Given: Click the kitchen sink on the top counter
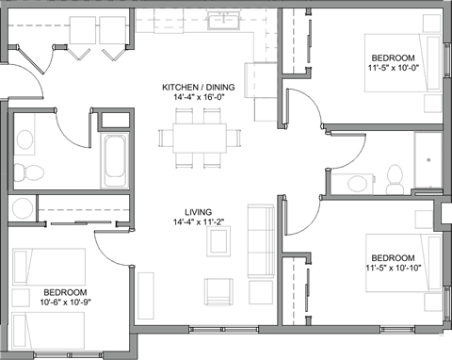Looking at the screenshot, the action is click(224, 19).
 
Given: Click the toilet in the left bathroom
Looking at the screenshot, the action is click(28, 173).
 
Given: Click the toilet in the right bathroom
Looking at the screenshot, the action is click(395, 179).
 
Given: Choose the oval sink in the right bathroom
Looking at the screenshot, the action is click(359, 183).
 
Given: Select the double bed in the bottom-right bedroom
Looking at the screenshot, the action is click(403, 263).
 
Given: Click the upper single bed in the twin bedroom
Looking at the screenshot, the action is click(48, 267).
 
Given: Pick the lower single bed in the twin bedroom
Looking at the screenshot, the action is click(48, 330).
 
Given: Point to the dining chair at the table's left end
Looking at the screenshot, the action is click(166, 138).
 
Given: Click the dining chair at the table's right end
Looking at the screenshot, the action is click(234, 138).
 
